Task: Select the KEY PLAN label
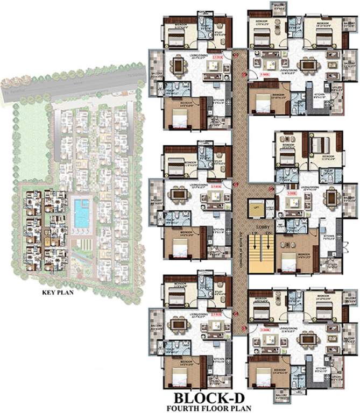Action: tap(58, 294)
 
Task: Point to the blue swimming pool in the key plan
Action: tap(82, 213)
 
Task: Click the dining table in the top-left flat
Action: tap(178, 65)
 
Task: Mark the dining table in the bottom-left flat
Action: tap(178, 325)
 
